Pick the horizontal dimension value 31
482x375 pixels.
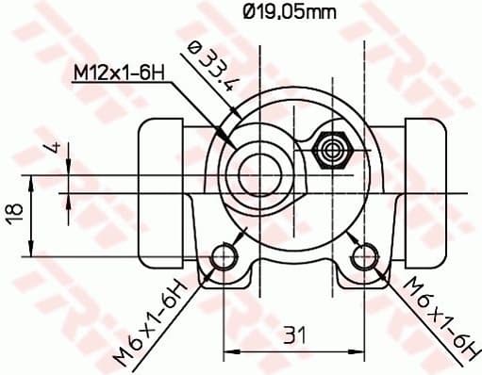click(x=294, y=334)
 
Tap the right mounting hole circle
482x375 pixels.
click(x=365, y=256)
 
